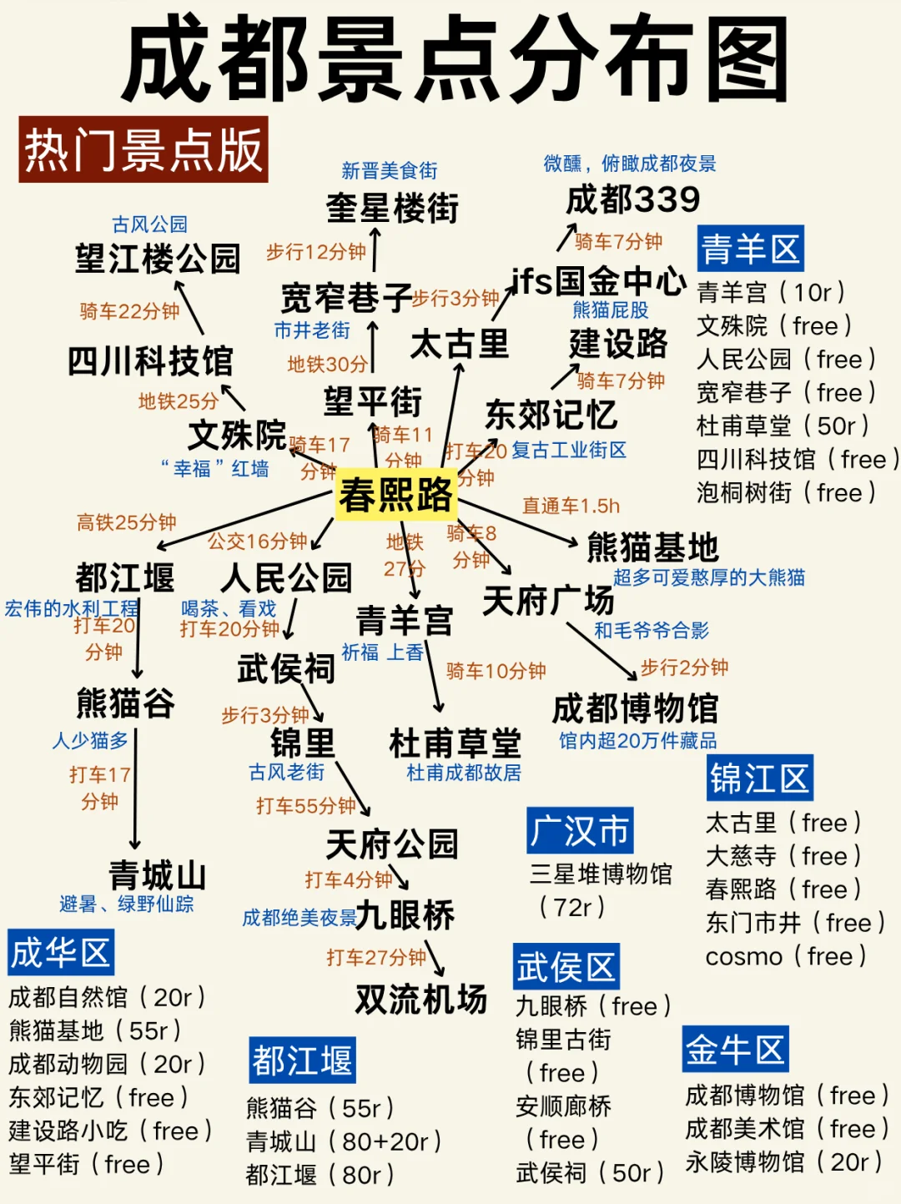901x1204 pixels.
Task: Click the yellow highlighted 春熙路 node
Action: (395, 495)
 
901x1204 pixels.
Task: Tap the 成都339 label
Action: (632, 200)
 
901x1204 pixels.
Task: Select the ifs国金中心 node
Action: (597, 281)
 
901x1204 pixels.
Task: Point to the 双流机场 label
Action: (420, 999)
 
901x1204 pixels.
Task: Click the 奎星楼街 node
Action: (392, 208)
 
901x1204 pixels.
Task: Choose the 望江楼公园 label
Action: (157, 259)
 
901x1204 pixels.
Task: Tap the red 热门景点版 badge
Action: (143, 150)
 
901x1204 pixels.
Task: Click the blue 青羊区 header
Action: (750, 249)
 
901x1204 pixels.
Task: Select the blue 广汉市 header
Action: (579, 830)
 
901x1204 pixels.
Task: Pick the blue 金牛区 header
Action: (735, 1050)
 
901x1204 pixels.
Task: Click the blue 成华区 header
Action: (60, 952)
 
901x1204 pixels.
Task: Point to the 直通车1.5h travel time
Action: (571, 506)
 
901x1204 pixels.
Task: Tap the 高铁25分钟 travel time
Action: (126, 523)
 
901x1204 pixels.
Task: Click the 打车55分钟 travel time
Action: (305, 806)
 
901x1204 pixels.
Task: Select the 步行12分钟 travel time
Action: (315, 252)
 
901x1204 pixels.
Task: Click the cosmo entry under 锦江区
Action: (785, 956)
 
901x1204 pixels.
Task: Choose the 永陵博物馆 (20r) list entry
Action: (783, 1161)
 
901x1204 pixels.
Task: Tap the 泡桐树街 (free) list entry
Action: (785, 493)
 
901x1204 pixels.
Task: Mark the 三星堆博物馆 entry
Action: (601, 874)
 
